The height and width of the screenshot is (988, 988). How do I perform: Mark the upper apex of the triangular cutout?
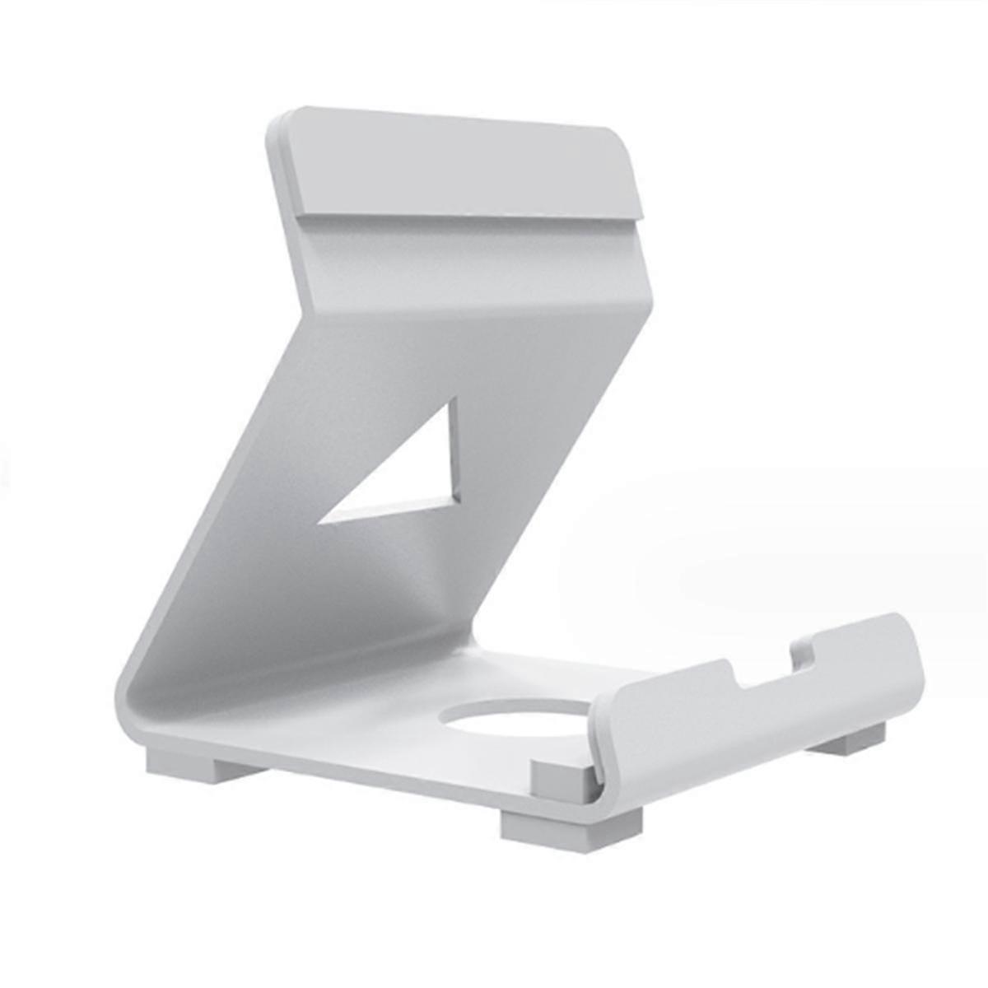tap(450, 403)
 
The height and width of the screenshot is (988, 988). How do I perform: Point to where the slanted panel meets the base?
tap(461, 642)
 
